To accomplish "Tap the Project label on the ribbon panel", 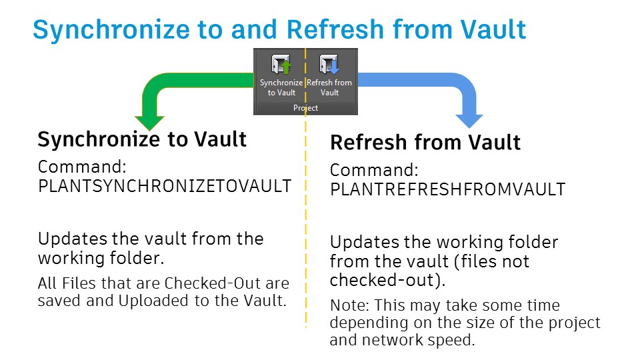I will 305,108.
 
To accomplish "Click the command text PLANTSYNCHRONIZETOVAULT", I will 165,186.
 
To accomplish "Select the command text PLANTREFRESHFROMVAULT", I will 447,189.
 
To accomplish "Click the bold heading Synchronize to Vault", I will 142,139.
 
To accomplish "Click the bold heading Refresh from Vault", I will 425,143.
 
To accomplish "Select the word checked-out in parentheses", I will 383,280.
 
